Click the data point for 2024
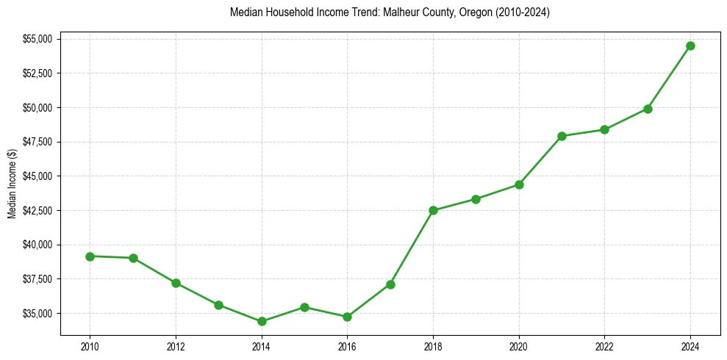pos(690,46)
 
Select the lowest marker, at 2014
pos(262,321)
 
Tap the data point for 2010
pos(90,256)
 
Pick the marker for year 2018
pos(433,210)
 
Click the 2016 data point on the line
pos(347,317)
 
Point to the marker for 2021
pos(562,136)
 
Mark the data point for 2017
pos(390,284)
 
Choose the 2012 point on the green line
pos(176,283)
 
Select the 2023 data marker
pos(648,109)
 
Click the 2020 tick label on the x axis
pos(519,346)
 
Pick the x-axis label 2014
pos(262,346)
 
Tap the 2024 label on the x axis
pos(690,346)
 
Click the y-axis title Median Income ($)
pos(12,183)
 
